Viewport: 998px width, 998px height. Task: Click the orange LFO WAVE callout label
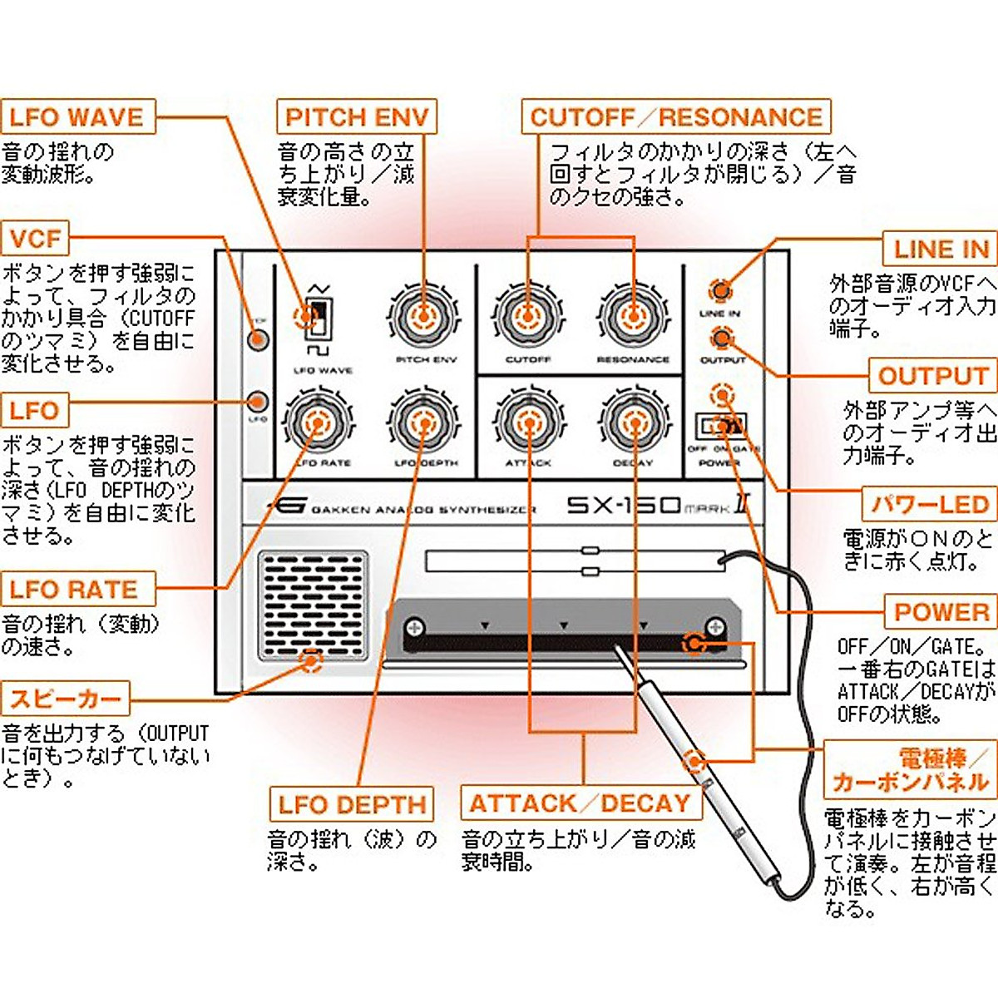tap(77, 117)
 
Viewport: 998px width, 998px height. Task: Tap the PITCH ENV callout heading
tap(356, 117)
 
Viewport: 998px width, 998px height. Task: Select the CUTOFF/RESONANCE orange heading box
tap(675, 117)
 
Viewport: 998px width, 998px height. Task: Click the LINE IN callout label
tap(940, 249)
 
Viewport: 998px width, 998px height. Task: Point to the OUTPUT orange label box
tap(932, 376)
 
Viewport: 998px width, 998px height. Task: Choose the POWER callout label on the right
tap(941, 612)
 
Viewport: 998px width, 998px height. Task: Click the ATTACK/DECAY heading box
tap(580, 803)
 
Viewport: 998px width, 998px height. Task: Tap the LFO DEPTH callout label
tap(351, 804)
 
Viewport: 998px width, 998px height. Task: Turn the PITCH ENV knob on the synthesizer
tap(424, 316)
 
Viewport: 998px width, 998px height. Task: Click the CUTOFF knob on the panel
tap(528, 316)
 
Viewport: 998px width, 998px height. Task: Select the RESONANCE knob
tap(633, 316)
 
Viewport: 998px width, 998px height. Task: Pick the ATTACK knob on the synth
tap(529, 422)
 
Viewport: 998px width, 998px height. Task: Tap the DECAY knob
tap(634, 422)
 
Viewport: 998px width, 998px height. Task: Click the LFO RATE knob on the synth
tap(318, 422)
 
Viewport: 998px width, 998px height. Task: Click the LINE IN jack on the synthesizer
tap(720, 290)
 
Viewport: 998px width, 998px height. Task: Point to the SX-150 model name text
tap(624, 506)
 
